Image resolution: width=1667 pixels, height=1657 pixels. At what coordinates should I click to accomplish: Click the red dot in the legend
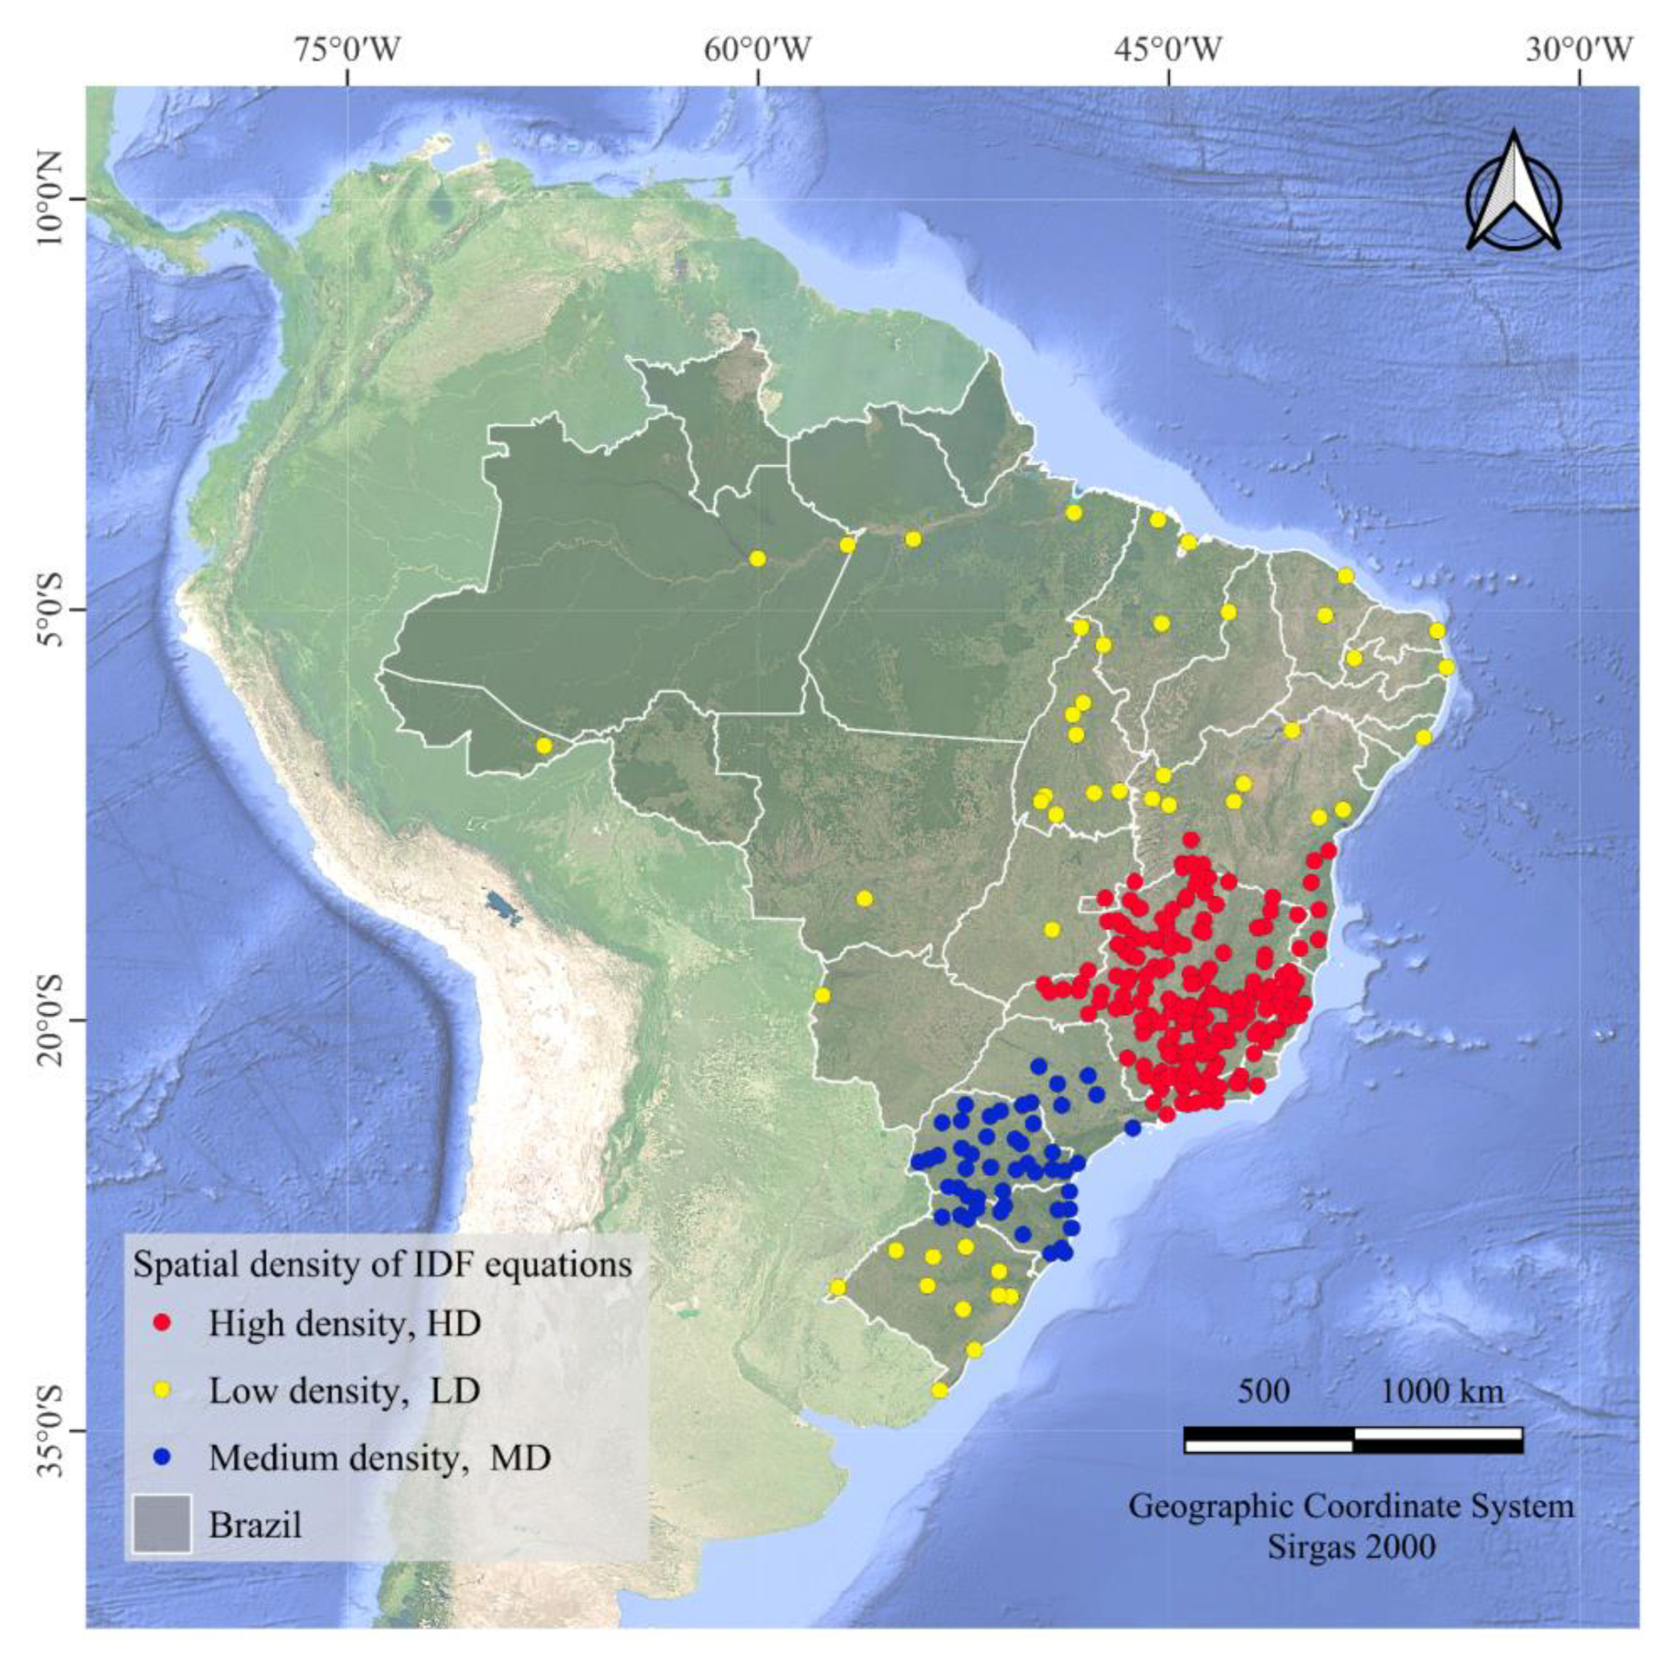click(x=159, y=1323)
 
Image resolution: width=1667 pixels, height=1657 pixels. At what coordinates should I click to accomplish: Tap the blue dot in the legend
click(x=159, y=1457)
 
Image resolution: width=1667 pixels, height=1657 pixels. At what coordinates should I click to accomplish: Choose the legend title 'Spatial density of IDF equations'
click(x=382, y=1264)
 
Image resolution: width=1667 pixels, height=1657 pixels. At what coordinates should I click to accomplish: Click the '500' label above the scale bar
click(x=1264, y=1391)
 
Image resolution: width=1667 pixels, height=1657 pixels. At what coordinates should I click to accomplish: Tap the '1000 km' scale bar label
click(x=1442, y=1391)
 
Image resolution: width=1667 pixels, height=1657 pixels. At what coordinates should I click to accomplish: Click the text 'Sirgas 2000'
click(x=1351, y=1547)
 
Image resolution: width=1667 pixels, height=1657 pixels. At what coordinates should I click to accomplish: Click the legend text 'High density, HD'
click(x=344, y=1323)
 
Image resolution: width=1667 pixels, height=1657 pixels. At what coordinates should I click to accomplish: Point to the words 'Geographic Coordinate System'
click(x=1351, y=1507)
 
